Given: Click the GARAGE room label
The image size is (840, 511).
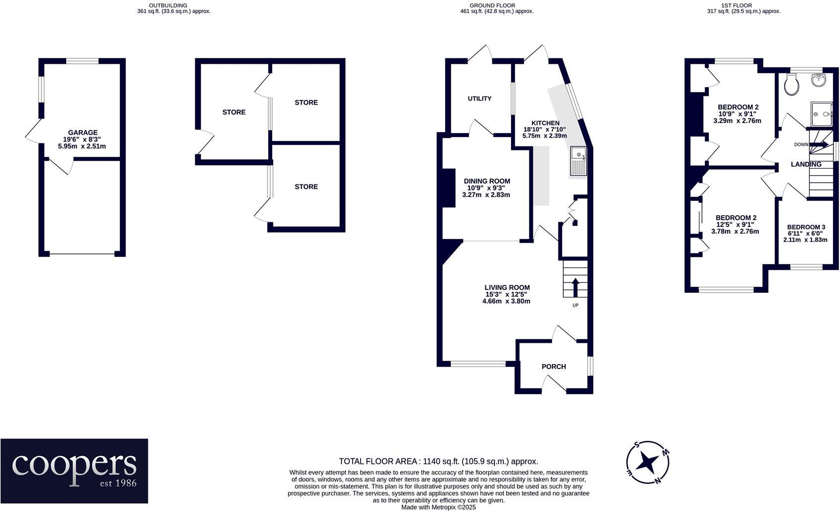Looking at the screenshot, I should pos(83,133).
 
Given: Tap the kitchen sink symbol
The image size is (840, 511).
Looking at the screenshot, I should pos(578,161).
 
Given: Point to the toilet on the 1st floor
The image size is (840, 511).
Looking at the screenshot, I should pos(792,85).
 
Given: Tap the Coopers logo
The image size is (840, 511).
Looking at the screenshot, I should pos(74,470).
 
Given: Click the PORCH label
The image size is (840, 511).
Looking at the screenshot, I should pos(554,367).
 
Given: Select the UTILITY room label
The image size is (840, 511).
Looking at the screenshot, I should pos(479,98).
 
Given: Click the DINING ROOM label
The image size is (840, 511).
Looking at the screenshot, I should pos(486,181).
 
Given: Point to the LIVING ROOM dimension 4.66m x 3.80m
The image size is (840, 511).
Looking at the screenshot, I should pos(506,301).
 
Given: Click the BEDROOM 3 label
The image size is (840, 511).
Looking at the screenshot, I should pos(806,227).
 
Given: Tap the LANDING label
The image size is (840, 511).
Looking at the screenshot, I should pos(806,164).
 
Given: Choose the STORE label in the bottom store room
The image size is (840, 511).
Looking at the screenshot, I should pos(306,186).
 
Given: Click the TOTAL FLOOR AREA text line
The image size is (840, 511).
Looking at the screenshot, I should pos(438,461).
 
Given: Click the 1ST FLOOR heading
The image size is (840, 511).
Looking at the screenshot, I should pos(736,5).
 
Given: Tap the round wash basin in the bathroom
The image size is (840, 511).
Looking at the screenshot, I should pos(820,79).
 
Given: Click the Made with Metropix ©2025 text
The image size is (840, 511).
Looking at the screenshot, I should pos(438,507).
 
